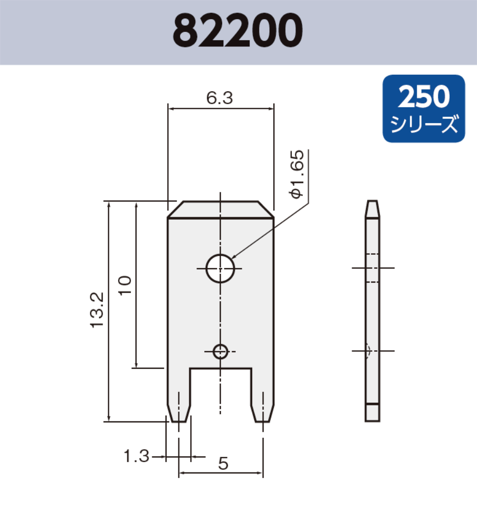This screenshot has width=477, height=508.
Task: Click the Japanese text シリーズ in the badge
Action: point(424,124)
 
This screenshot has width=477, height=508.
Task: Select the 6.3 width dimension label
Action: point(220,97)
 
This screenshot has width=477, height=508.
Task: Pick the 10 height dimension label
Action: point(125,285)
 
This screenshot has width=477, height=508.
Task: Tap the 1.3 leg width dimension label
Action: point(137,456)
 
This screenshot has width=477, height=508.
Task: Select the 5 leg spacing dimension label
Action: point(223,464)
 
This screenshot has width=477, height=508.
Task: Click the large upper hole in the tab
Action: point(220,268)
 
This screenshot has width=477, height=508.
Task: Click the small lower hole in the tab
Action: point(220,352)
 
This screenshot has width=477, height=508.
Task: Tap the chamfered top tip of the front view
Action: point(220,209)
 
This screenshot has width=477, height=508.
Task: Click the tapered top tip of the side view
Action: point(372,209)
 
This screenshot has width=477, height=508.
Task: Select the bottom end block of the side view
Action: point(372,412)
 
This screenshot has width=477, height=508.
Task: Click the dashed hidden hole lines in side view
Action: point(372,268)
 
